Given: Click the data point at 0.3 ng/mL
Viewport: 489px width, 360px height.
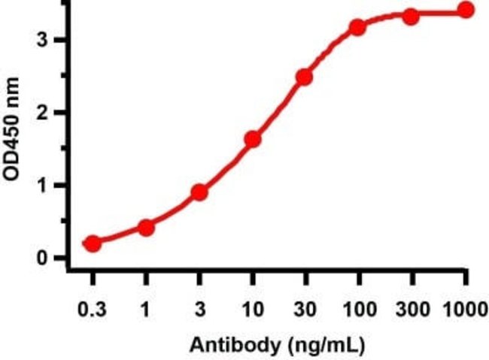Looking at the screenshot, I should click(x=93, y=244).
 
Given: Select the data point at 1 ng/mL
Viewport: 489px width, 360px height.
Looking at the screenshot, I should click(x=147, y=227).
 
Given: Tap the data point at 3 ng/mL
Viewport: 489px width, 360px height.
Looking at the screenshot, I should click(x=199, y=192).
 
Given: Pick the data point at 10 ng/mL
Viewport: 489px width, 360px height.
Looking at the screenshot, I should click(x=253, y=139).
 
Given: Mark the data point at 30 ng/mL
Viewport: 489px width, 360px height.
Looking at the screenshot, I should click(x=304, y=77).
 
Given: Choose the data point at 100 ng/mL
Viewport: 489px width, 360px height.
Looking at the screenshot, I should click(x=357, y=27).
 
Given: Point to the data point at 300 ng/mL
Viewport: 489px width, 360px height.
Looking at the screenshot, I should click(x=411, y=16).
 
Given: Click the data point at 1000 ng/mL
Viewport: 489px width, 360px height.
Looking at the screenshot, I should click(x=466, y=10).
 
